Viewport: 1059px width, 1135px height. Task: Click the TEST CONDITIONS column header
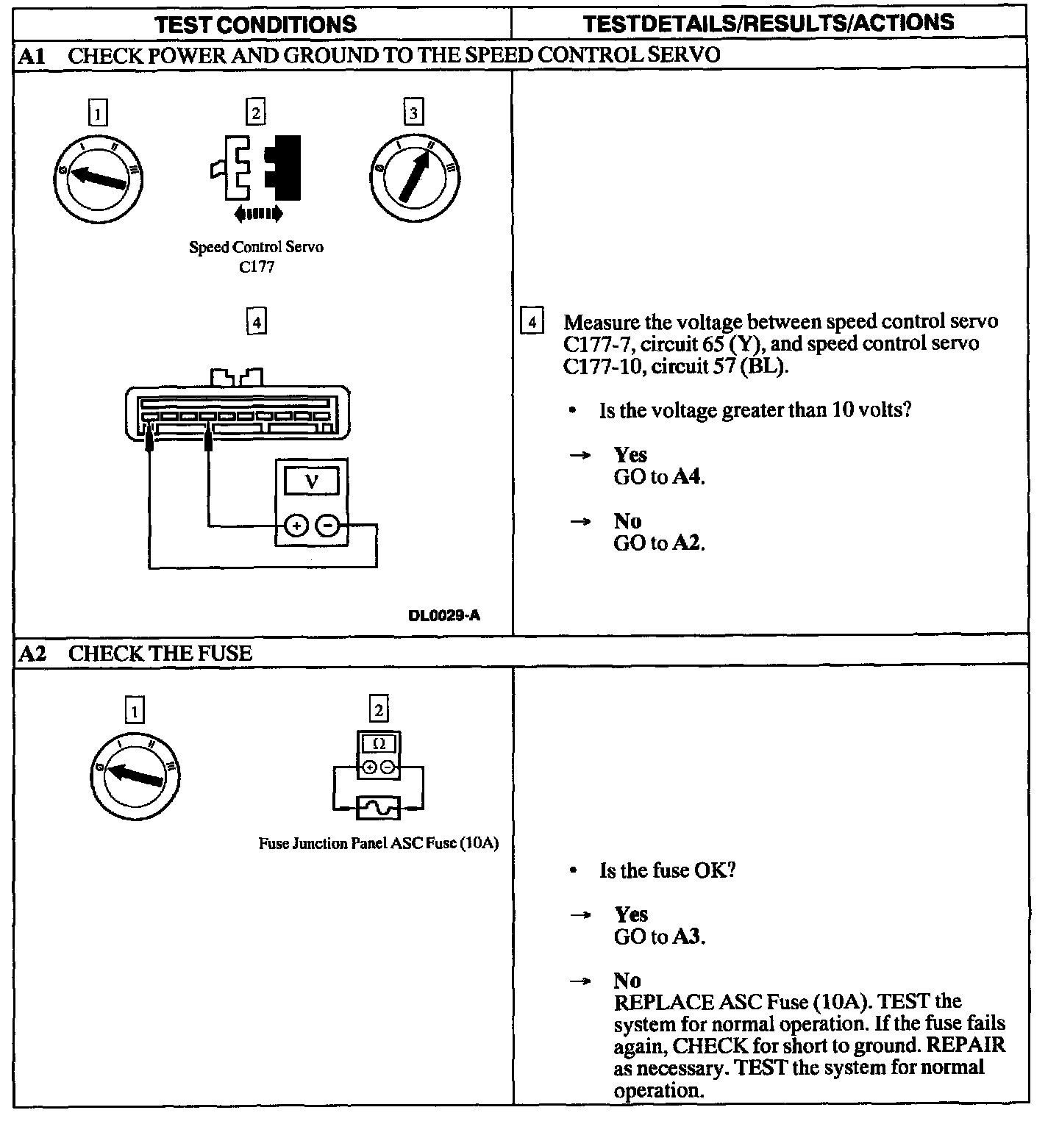(256, 24)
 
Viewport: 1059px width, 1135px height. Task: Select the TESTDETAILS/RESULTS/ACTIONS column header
(769, 23)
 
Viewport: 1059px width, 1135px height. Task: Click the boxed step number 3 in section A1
(413, 112)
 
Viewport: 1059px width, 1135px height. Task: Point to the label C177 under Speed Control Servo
(256, 267)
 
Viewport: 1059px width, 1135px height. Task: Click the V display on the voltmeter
(311, 481)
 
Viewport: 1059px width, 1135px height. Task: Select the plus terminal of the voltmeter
(296, 525)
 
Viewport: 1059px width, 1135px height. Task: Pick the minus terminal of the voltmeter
(329, 525)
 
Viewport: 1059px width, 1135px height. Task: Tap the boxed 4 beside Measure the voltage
(532, 321)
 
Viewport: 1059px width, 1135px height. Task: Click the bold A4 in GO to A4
(687, 477)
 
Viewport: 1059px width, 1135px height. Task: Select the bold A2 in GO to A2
(687, 543)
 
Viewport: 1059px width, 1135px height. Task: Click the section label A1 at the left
(32, 56)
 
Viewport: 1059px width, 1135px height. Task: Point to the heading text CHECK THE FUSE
(160, 654)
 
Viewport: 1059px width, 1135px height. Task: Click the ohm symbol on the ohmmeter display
(379, 744)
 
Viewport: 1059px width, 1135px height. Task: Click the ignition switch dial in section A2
(135, 776)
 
